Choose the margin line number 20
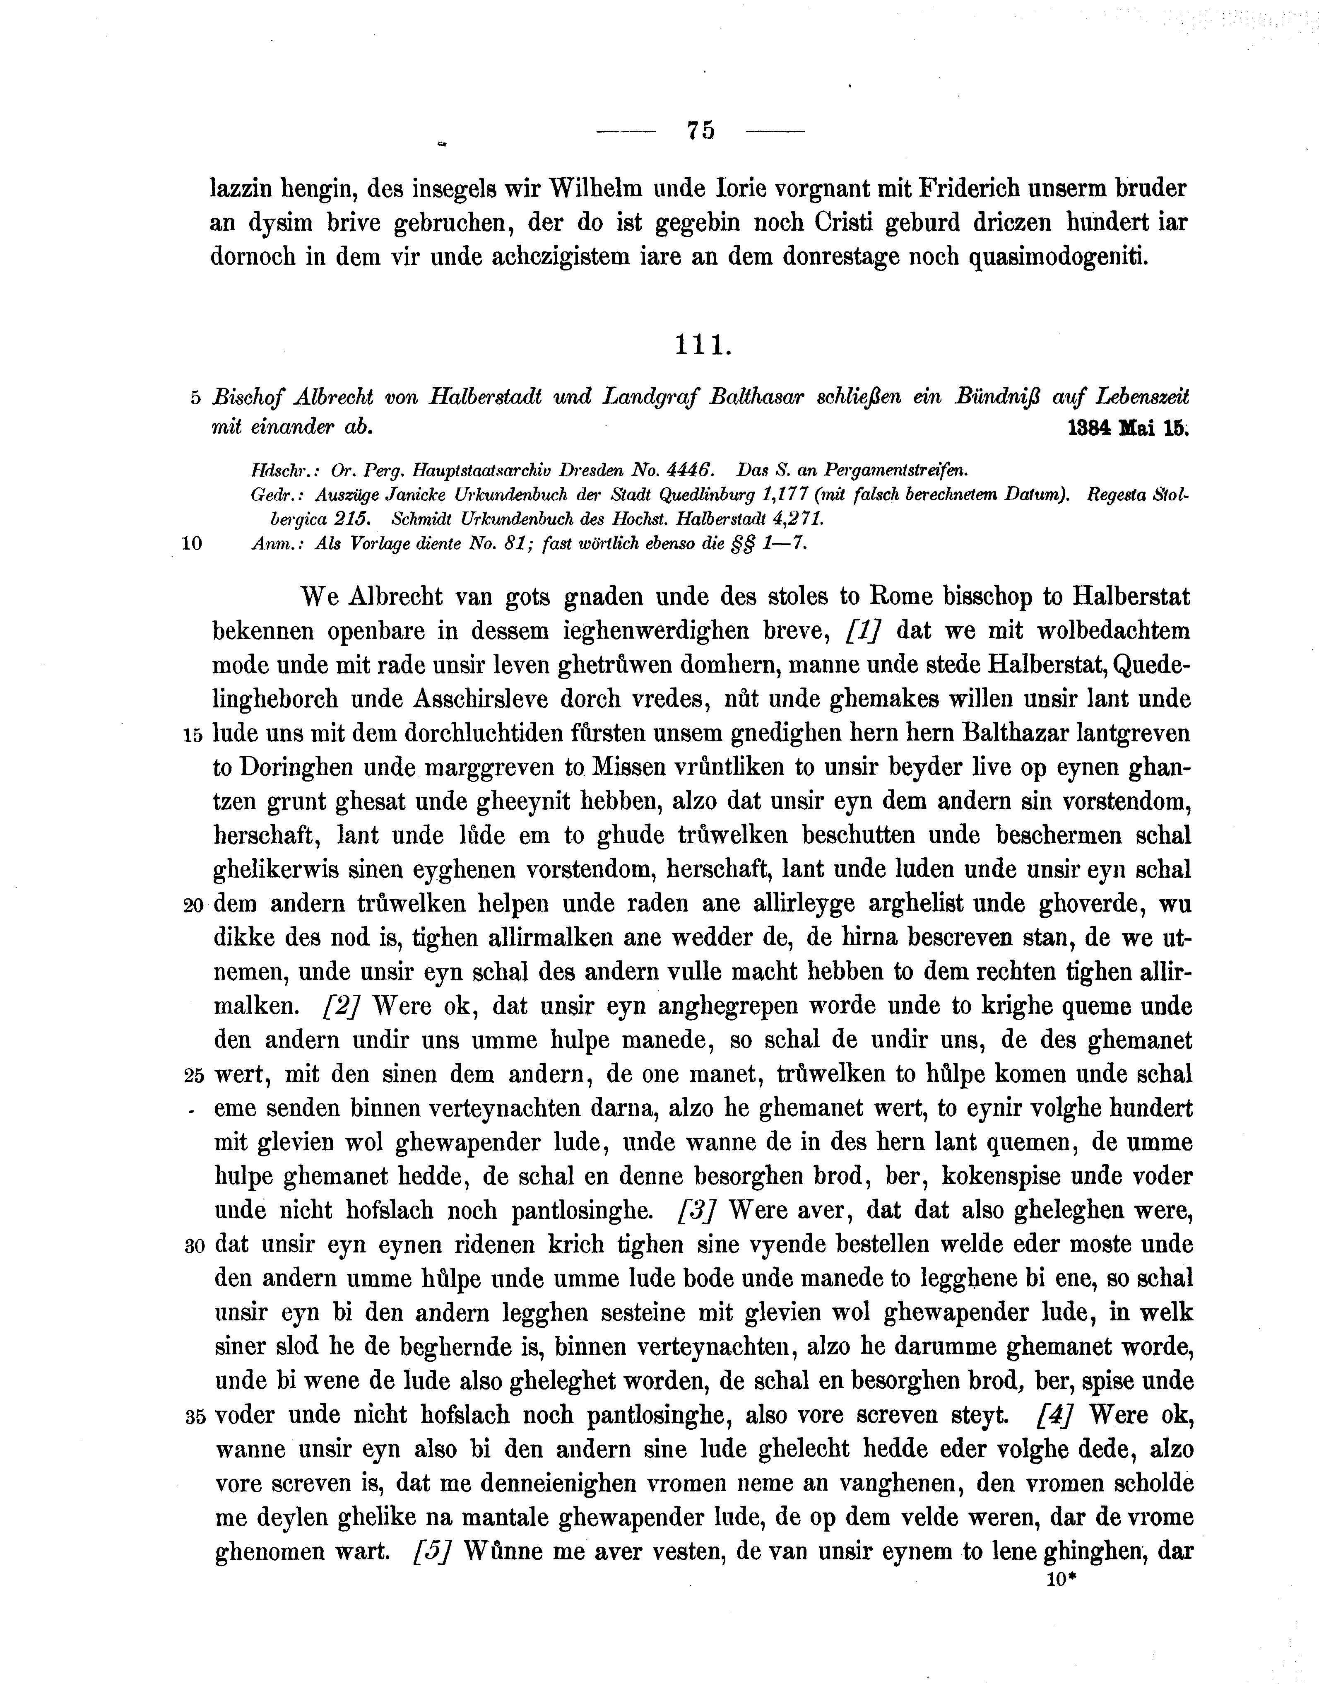tap(193, 905)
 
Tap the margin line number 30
tap(193, 1246)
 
